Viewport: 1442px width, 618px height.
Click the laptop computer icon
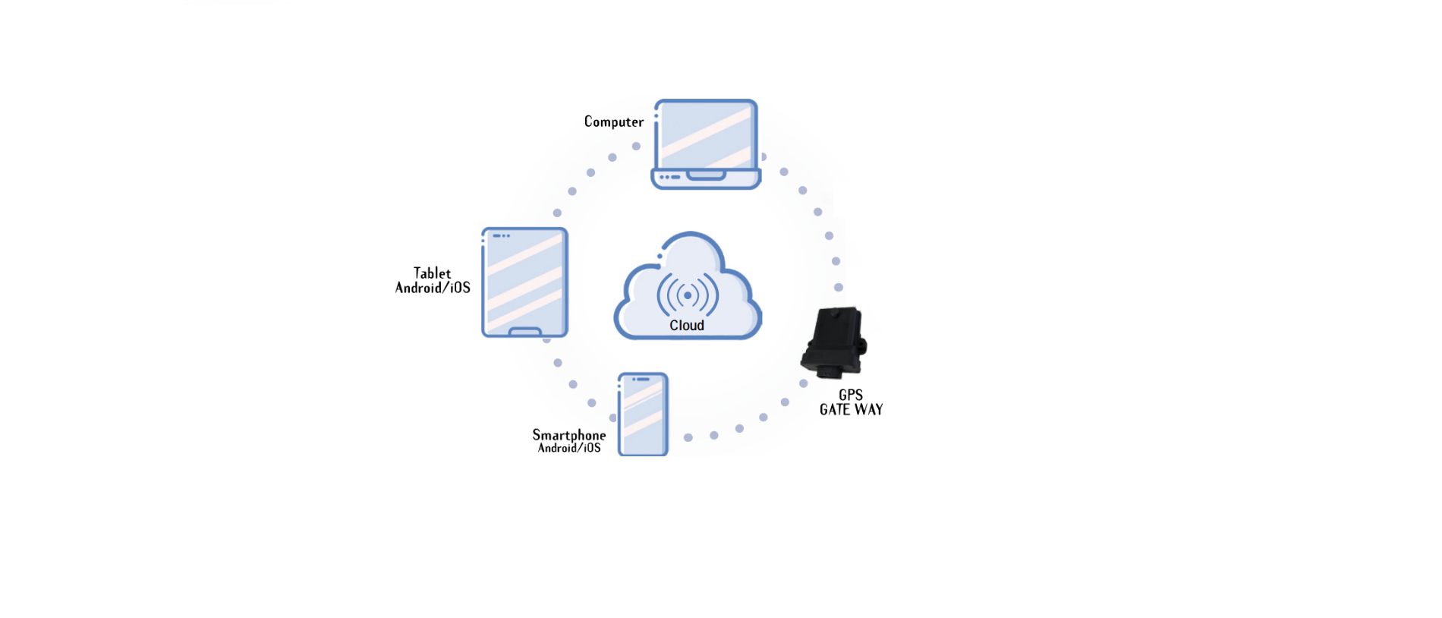coord(706,144)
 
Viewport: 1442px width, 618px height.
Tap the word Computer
coord(613,121)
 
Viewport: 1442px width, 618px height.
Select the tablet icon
coord(524,282)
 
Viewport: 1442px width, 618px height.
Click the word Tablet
coord(432,273)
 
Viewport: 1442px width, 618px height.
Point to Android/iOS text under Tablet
coord(433,288)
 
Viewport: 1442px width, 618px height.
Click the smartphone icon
coord(643,414)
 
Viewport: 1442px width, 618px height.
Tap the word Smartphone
coord(568,435)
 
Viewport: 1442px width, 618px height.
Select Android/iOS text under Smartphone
coord(569,448)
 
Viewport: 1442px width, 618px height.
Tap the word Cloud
coord(687,325)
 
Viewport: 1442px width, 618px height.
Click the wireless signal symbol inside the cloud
coord(688,295)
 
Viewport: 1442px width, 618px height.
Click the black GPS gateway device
coord(834,342)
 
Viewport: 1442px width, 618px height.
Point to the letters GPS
coord(850,395)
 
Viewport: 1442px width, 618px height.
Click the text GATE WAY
coord(851,409)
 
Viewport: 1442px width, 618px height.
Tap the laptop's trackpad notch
coord(706,175)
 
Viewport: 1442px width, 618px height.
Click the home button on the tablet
coord(524,332)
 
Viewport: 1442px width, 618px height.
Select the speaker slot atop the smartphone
coord(642,379)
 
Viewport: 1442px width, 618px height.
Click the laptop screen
coord(706,136)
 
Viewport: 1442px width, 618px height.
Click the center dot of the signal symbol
coord(688,295)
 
